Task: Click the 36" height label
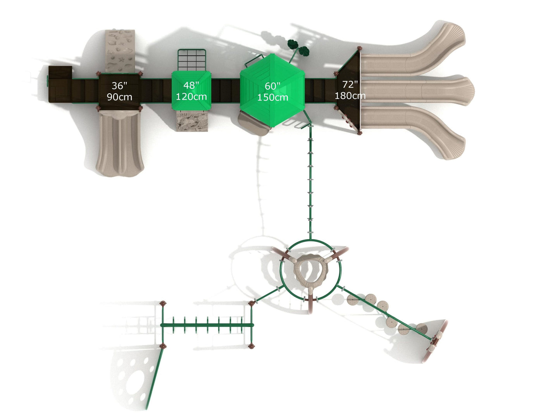[119, 86]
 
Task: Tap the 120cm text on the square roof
[191, 96]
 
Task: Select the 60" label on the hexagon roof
[272, 86]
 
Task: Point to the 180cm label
[350, 96]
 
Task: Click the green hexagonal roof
[272, 90]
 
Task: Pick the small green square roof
[191, 91]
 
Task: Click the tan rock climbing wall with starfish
[120, 51]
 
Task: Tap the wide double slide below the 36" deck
[120, 143]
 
